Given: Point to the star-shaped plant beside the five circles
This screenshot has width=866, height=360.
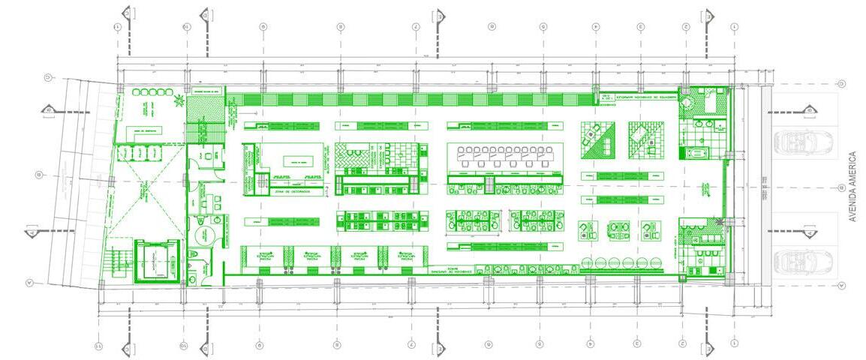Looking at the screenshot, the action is pyautogui.click(x=179, y=100).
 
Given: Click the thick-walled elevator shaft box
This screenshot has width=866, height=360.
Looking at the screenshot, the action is pyautogui.click(x=158, y=260).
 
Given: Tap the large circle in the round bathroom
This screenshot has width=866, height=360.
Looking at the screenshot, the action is pyautogui.click(x=204, y=236).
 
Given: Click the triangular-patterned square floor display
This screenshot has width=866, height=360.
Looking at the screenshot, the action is pyautogui.click(x=598, y=140).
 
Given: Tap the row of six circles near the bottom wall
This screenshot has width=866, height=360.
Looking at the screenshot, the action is pyautogui.click(x=623, y=262).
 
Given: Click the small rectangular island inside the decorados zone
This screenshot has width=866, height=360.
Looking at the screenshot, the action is pyautogui.click(x=297, y=161).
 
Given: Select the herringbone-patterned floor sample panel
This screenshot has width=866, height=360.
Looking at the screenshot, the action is pyautogui.click(x=348, y=157).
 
